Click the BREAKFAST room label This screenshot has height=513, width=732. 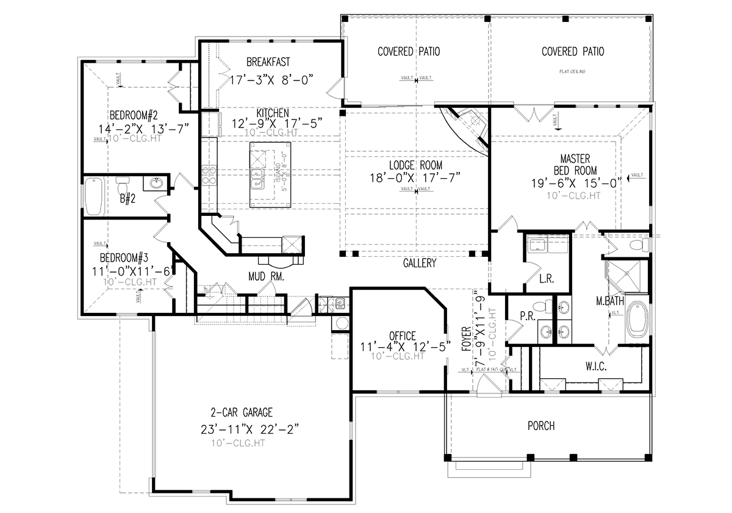[x=268, y=62]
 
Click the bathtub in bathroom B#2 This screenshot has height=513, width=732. [x=93, y=196]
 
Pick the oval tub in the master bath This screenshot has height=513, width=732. [x=639, y=318]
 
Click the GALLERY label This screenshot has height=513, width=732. [x=420, y=264]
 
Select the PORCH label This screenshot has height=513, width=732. [x=541, y=425]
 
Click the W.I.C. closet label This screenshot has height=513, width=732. [x=595, y=366]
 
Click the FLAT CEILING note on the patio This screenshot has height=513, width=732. [x=572, y=71]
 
